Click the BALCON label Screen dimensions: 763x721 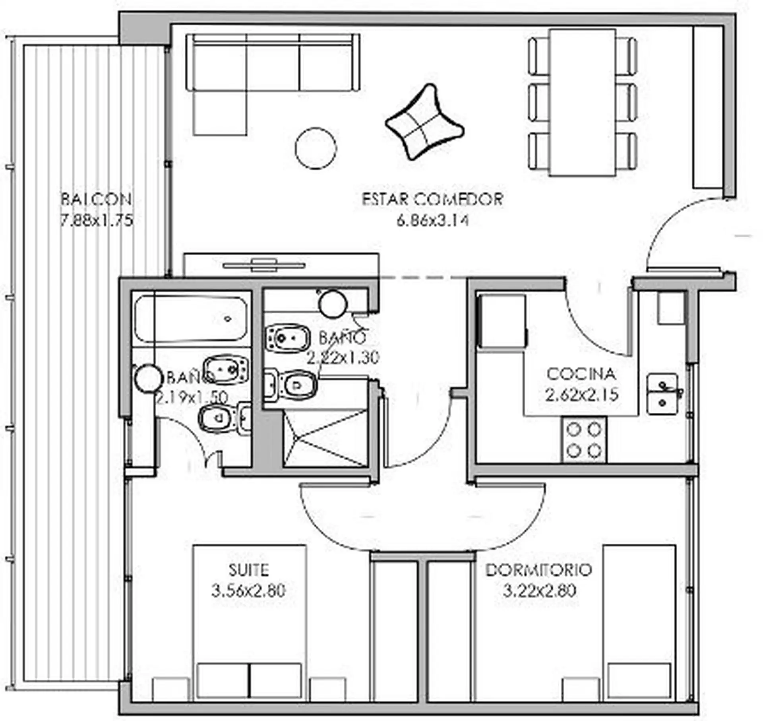point(96,199)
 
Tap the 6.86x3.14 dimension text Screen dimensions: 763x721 point(433,220)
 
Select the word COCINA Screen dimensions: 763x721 point(581,374)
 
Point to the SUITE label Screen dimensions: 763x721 point(248,570)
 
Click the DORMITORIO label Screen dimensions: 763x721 point(539,570)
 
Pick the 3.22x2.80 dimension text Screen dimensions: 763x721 point(539,591)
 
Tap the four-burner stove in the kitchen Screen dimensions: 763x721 point(584,440)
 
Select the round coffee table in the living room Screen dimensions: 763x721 point(316,148)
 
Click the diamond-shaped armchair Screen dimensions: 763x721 point(424,121)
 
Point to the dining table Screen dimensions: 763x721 point(583,102)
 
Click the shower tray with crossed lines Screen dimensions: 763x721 point(325,437)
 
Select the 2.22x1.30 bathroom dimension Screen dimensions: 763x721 point(343,358)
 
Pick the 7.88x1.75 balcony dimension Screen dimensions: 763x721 point(96,220)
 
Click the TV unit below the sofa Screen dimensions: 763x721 point(281,265)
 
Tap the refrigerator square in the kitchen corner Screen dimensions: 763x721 point(503,321)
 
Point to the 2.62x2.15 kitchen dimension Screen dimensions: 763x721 point(581,395)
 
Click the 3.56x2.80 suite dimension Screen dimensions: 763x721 point(248,591)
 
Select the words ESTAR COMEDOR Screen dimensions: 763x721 point(433,199)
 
